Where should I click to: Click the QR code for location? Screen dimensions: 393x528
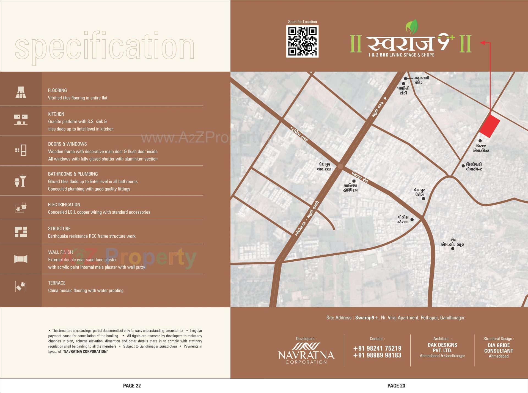302,41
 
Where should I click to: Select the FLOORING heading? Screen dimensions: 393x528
57,90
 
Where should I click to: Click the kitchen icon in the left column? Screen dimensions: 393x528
21,120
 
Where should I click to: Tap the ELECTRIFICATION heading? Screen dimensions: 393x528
64,205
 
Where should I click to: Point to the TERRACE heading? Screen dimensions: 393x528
57,283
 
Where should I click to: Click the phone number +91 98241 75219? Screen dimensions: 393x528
377,348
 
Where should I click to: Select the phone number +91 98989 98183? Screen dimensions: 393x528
377,355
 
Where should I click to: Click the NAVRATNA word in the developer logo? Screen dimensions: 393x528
306,355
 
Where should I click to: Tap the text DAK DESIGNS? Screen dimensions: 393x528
442,345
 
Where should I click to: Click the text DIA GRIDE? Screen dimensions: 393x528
498,345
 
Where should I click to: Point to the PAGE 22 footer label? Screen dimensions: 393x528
132,386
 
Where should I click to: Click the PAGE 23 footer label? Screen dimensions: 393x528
396,386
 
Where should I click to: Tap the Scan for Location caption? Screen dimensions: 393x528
302,22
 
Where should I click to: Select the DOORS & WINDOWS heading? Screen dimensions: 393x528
67,144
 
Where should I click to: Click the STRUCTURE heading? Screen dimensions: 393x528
59,229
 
